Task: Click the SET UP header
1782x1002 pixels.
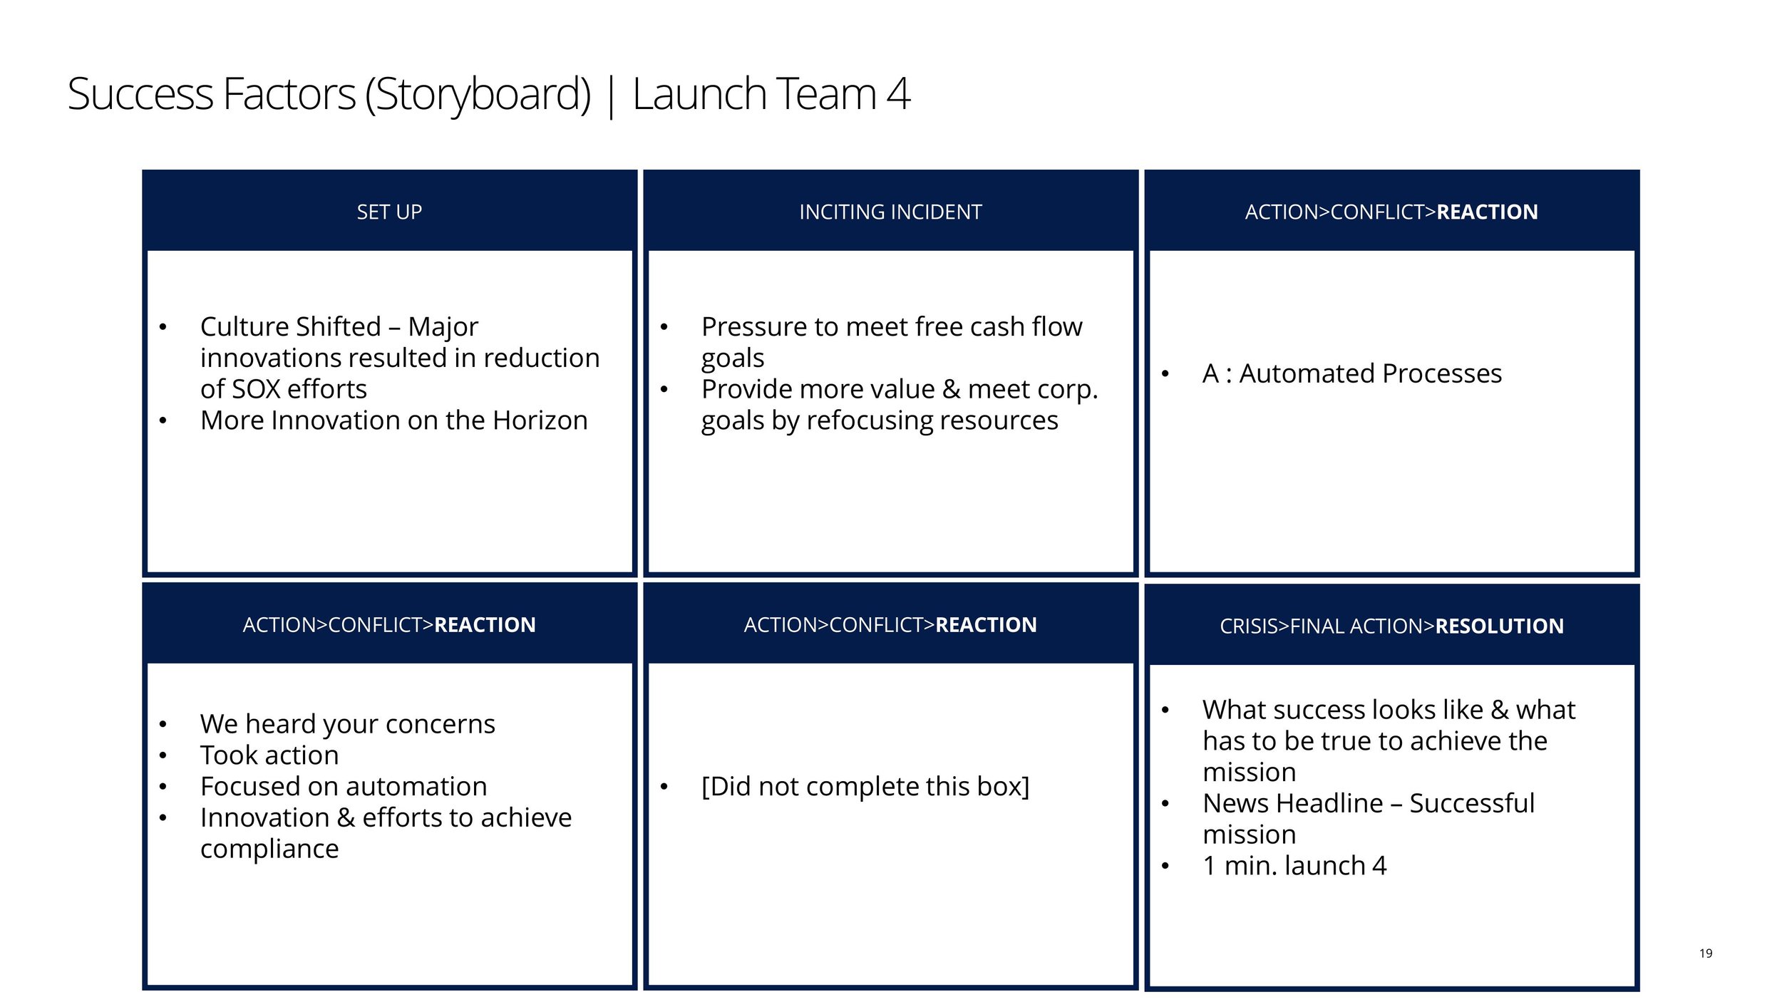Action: point(389,212)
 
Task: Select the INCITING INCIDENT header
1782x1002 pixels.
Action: point(890,212)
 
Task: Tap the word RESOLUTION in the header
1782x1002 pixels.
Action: point(1499,626)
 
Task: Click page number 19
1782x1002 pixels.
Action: point(1706,954)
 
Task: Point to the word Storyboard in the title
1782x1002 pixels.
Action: point(478,94)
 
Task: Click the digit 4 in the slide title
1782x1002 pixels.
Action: point(899,94)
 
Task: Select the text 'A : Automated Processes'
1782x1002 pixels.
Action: point(1351,373)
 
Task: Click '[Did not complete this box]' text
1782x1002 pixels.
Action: point(865,786)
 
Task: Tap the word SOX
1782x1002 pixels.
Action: point(256,389)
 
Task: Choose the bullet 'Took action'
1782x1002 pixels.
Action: point(269,755)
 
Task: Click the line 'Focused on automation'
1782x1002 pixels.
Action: point(344,786)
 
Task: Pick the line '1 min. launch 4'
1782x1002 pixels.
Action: point(1294,865)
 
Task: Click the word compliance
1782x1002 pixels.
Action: point(269,849)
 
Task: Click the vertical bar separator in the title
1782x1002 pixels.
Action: point(611,95)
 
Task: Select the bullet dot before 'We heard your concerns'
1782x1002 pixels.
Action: point(163,725)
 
